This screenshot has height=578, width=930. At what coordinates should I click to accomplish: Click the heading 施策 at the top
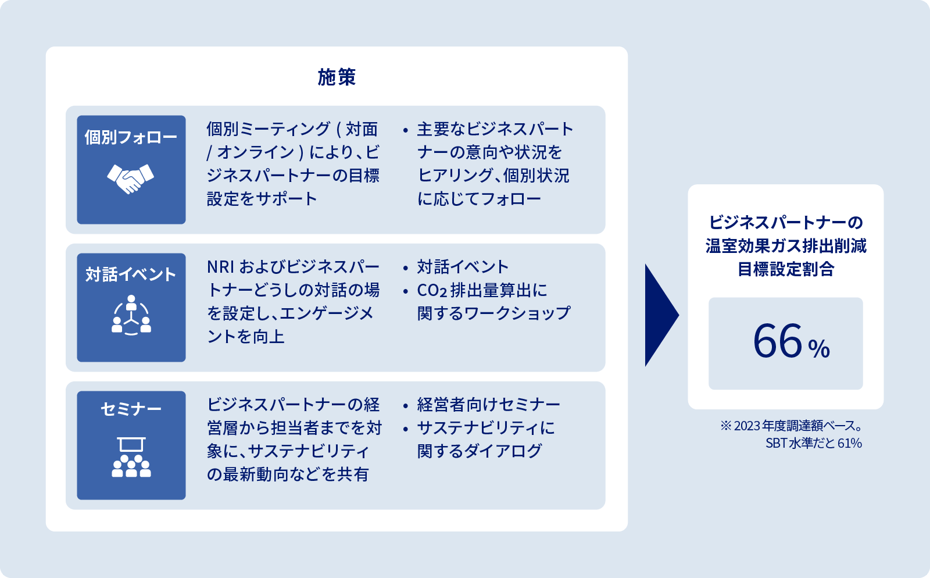(x=337, y=77)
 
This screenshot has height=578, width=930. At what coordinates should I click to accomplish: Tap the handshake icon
(x=131, y=178)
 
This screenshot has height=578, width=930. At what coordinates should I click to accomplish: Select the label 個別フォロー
(x=131, y=137)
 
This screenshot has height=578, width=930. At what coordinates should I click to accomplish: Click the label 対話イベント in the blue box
(x=131, y=274)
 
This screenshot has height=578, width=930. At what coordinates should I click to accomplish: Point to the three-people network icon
(x=131, y=315)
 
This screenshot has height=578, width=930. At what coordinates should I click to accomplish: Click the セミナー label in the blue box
(x=131, y=409)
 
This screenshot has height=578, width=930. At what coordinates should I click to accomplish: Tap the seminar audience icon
(x=131, y=458)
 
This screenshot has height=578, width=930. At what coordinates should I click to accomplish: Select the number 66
(x=778, y=341)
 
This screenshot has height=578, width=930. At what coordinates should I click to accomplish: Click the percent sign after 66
(x=819, y=349)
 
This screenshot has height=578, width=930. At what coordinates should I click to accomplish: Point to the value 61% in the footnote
(x=849, y=443)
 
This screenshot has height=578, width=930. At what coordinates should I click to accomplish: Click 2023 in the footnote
(x=747, y=426)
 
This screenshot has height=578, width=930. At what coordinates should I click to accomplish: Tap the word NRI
(x=220, y=267)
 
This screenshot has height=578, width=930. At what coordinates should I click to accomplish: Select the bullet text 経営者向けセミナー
(x=488, y=404)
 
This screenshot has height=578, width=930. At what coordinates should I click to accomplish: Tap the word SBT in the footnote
(x=776, y=443)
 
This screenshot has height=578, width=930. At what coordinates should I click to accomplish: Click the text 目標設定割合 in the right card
(x=785, y=269)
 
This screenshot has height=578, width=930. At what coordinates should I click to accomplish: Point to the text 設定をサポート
(x=262, y=199)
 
